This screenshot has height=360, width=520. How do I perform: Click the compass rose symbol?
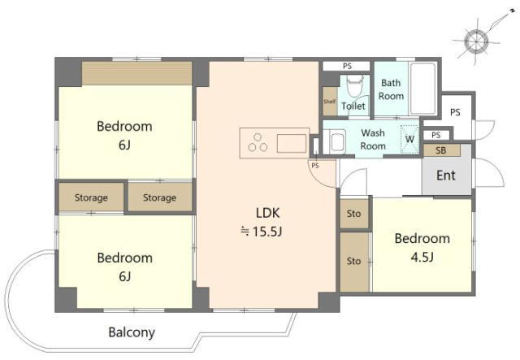pos(476,41)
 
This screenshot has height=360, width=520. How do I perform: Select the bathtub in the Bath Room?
pos(422,89)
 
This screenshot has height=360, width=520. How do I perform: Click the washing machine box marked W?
pos(409,139)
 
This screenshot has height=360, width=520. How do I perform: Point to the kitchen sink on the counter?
pos(292,143)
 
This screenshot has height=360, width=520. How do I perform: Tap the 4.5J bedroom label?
pos(422,247)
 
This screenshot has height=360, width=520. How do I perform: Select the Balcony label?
pos(132,332)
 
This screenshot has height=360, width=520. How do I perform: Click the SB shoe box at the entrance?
pos(441,150)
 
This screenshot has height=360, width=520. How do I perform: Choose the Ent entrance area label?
pos(446,176)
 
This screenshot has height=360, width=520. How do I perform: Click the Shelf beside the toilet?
pos(330,102)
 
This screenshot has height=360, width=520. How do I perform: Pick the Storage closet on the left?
pos(91,197)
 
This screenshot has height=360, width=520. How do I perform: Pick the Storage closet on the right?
pos(160,197)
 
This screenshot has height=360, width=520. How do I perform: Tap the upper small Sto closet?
pos(354,214)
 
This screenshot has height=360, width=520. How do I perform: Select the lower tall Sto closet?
pos(354,262)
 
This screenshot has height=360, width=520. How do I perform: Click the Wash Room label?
pos(373,139)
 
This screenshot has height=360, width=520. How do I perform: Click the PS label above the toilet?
pos(347,66)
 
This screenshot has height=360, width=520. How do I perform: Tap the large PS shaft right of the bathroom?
pos(455,112)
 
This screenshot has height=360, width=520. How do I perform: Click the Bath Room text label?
pos(391,89)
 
